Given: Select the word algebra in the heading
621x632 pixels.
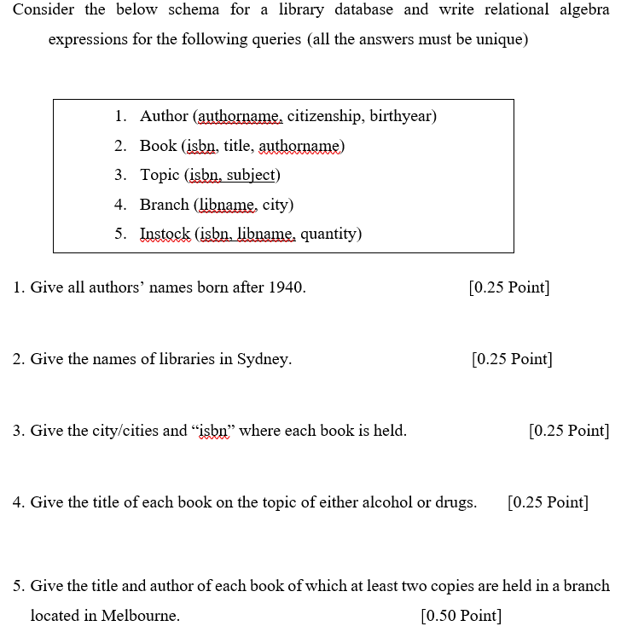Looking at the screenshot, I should coord(577,10).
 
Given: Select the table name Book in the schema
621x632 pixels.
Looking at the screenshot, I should coord(158,146).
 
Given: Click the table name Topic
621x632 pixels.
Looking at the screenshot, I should coord(160,175).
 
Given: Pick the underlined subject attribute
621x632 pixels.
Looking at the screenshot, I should coord(252,175).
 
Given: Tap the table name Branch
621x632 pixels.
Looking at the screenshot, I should coord(165,205).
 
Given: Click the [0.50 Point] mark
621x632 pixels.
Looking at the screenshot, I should coord(461,615).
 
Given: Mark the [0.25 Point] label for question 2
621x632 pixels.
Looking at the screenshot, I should coord(512,359).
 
